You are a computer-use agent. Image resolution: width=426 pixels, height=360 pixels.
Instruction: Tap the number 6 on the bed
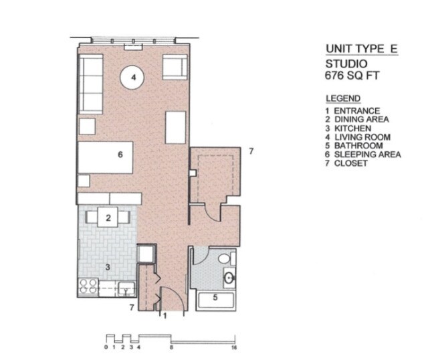(119, 155)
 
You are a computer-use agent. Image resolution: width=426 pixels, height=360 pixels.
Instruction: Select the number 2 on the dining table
(108, 216)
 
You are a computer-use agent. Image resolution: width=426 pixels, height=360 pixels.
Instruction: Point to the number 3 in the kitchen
(106, 267)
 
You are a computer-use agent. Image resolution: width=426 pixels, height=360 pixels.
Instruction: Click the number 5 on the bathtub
(215, 298)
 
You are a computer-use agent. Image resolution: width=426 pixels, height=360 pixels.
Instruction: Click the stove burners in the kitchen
(88, 287)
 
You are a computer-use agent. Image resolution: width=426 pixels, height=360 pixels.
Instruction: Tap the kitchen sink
(124, 289)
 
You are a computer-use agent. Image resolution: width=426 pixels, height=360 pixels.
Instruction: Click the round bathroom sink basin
(229, 277)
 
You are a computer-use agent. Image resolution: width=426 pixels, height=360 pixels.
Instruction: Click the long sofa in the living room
(90, 84)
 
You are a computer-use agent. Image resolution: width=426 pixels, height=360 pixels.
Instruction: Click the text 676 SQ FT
(352, 76)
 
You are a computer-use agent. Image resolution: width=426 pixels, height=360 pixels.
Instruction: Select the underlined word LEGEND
(342, 98)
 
